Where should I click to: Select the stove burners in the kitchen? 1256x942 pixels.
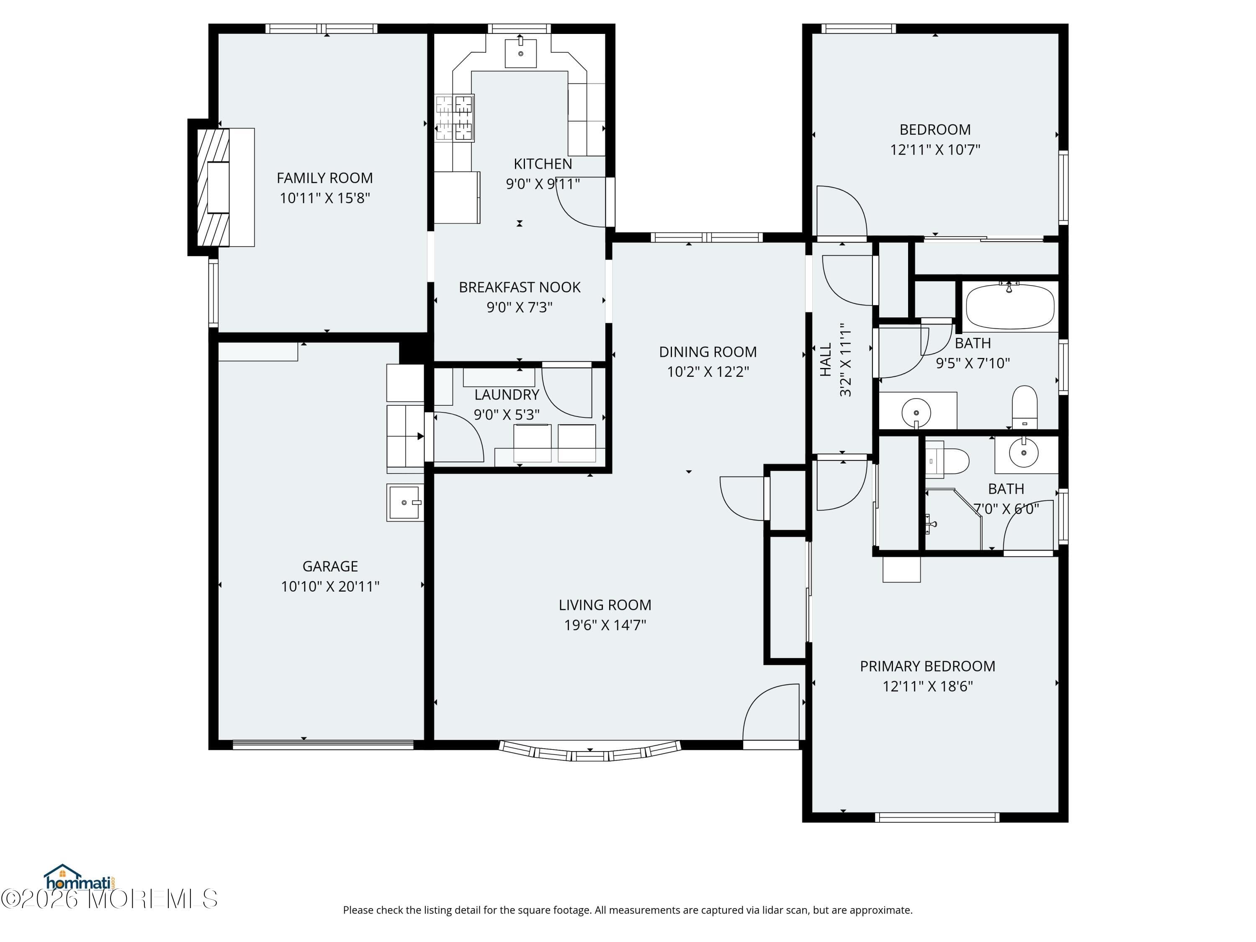(454, 118)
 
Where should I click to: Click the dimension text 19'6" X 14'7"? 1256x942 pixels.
(605, 625)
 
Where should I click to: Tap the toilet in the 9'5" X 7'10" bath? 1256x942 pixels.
(1024, 407)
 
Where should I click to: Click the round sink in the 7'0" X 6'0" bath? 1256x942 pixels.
(1024, 453)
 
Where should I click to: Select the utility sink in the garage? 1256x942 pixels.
(404, 502)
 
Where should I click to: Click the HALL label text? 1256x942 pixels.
(826, 359)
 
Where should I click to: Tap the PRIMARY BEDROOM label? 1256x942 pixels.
(927, 666)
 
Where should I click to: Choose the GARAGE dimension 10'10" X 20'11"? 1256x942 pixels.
(330, 586)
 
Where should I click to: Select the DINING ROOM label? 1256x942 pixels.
(708, 352)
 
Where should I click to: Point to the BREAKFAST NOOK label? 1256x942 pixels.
(520, 287)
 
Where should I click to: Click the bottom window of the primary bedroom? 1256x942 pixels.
(937, 818)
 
